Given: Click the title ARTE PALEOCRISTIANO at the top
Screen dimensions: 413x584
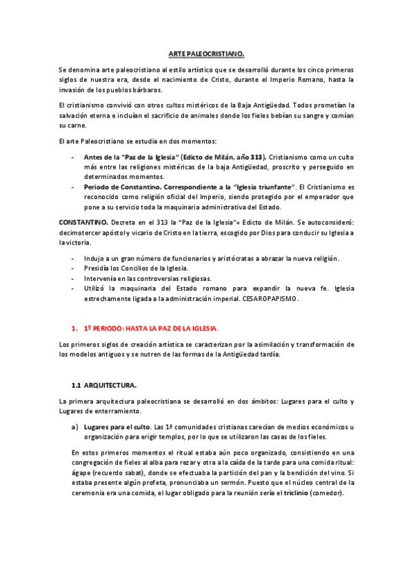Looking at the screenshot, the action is [207, 53].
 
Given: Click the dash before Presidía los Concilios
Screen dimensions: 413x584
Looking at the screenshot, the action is [74, 269].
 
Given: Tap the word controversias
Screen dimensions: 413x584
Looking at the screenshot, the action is [150, 278].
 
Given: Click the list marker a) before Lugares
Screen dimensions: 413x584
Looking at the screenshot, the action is [74, 427].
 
